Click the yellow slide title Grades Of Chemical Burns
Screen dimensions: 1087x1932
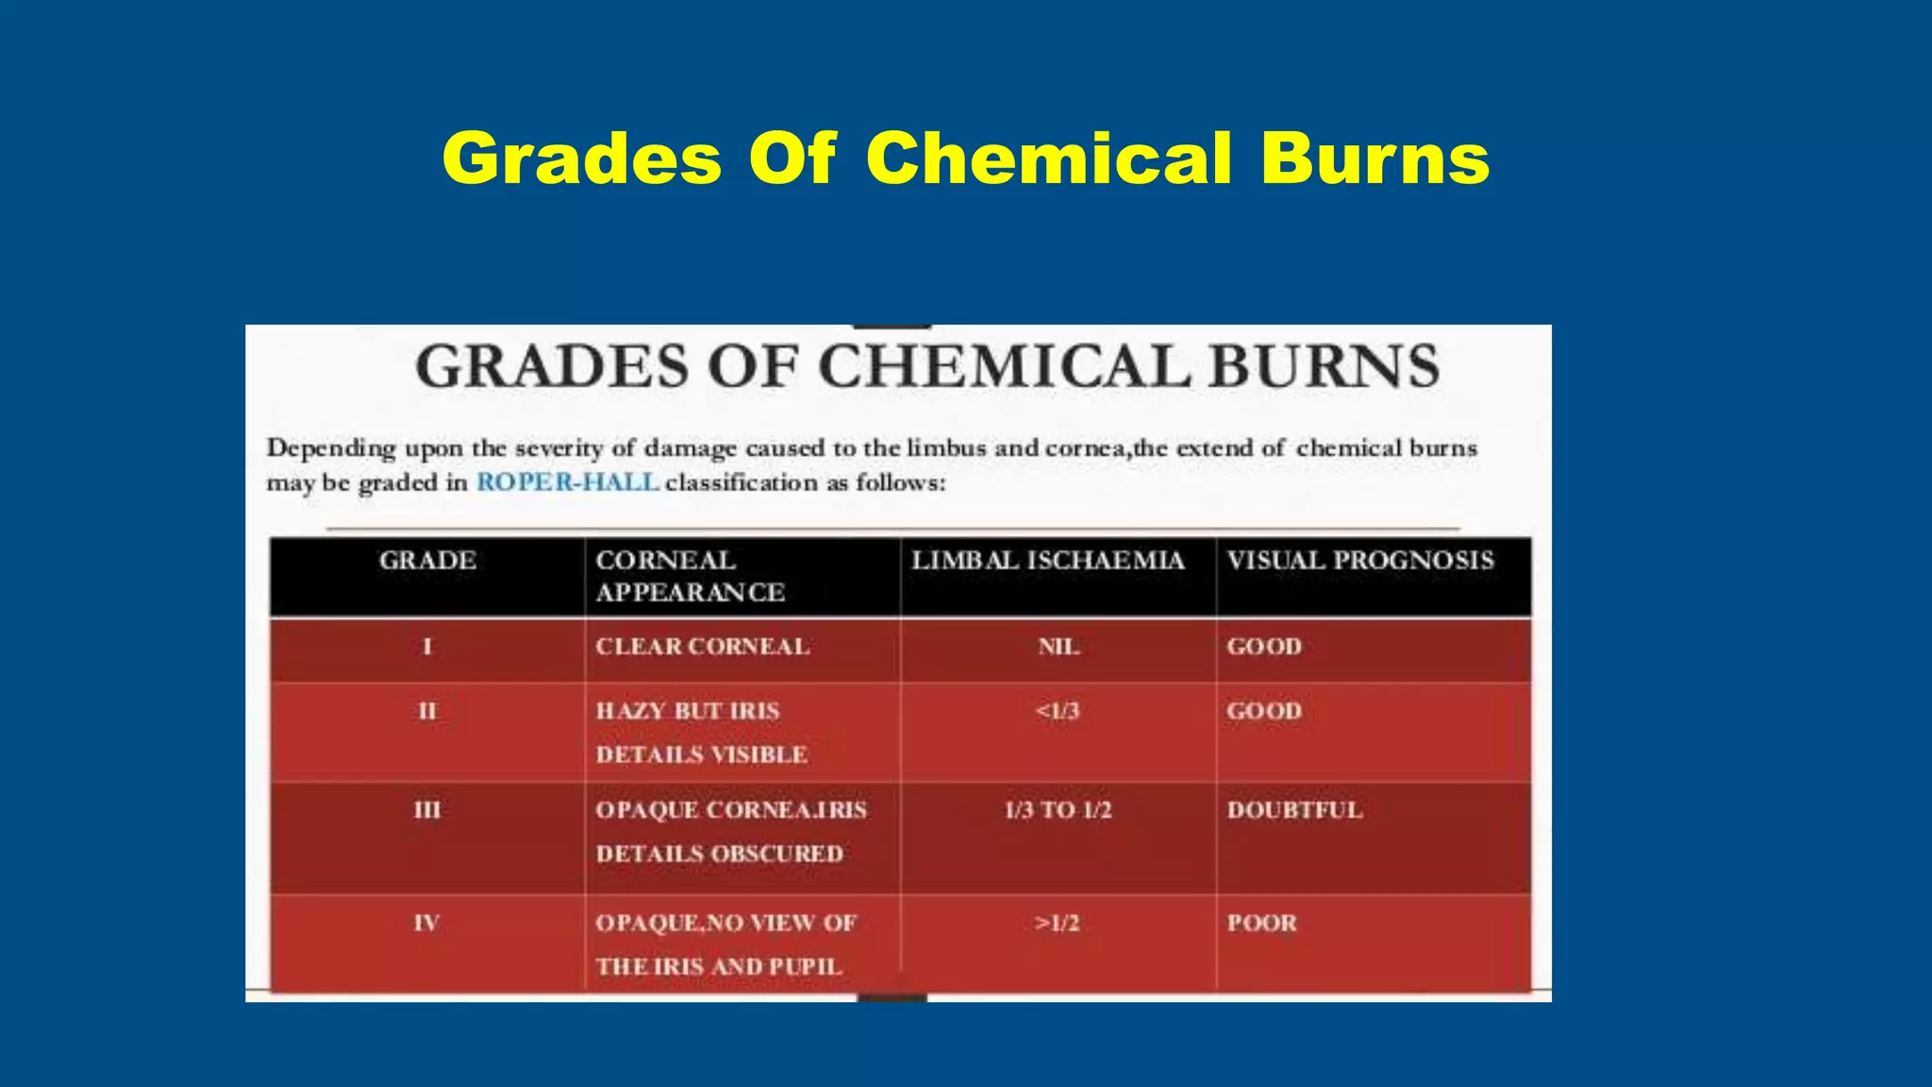[x=965, y=159]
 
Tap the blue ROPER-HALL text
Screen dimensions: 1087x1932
[x=567, y=482]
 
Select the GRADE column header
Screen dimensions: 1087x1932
[x=427, y=560]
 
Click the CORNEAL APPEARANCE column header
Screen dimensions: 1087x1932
[x=690, y=576]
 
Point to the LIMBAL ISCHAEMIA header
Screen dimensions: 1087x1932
[x=1047, y=560]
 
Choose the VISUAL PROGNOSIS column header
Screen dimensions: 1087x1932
[x=1360, y=560]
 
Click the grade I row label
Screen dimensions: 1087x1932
[x=427, y=646]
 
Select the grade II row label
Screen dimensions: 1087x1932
[x=427, y=711]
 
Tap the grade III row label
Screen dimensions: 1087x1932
[x=427, y=810]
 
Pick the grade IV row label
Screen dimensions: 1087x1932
[x=427, y=923]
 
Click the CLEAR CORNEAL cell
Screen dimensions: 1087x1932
[x=702, y=646]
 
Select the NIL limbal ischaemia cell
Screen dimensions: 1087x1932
[x=1058, y=646]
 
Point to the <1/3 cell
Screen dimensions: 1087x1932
[x=1058, y=711]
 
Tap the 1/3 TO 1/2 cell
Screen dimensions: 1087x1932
[x=1058, y=810]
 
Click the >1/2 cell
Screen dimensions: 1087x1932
[x=1057, y=923]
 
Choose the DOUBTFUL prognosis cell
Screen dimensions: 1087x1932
[x=1294, y=810]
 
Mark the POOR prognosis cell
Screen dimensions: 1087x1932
[x=1261, y=923]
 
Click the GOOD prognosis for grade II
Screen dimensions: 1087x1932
[x=1264, y=711]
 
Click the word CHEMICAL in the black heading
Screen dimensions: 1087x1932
[x=1005, y=366]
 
